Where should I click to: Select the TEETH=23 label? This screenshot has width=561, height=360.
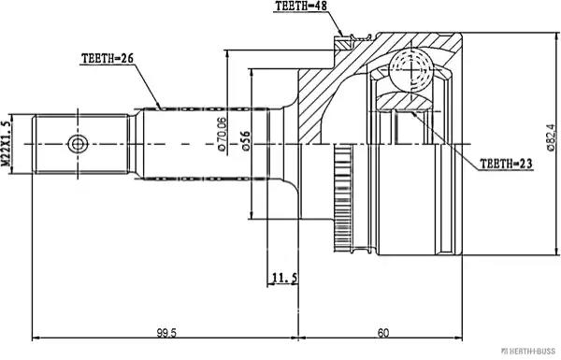pos(506,163)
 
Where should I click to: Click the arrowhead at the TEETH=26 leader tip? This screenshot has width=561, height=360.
pos(162,105)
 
